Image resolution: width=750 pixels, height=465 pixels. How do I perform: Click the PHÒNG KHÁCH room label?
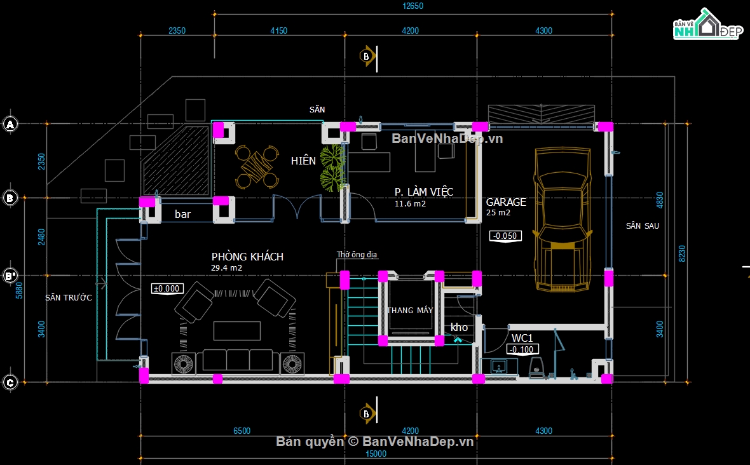click(247, 257)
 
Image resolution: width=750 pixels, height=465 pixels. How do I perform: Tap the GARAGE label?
click(506, 202)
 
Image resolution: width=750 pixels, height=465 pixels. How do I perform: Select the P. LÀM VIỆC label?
click(424, 192)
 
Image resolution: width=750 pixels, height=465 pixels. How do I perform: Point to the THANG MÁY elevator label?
click(410, 310)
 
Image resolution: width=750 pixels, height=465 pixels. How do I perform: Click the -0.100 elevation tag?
click(522, 349)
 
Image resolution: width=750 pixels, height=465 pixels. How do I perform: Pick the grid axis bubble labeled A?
click(10, 125)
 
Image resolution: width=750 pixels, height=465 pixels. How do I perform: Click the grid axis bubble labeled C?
click(10, 382)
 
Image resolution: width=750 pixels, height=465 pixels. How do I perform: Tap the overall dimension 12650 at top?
click(412, 6)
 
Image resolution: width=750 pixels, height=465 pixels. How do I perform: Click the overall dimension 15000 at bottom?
click(376, 454)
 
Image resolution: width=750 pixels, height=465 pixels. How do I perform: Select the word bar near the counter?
click(182, 215)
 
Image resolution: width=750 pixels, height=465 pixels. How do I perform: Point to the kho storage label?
click(459, 327)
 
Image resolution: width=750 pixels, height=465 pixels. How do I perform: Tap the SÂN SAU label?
click(642, 226)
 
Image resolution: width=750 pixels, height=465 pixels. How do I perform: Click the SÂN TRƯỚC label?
click(69, 297)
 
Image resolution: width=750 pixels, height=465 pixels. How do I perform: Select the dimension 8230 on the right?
click(682, 253)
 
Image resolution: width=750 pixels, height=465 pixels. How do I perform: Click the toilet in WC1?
click(536, 367)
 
